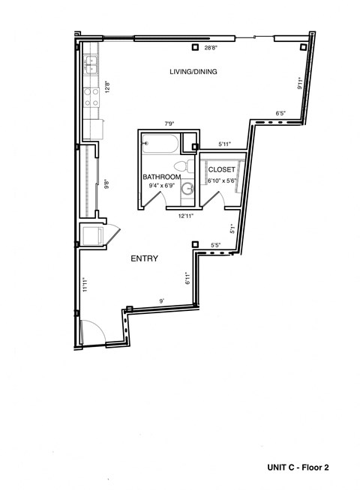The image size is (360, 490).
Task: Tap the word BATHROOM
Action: (161, 177)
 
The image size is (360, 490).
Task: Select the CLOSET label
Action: (221, 169)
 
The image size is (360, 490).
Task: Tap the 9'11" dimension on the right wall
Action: (299, 83)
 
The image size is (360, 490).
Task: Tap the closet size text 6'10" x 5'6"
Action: (221, 180)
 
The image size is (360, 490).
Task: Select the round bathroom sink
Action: (188, 190)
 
